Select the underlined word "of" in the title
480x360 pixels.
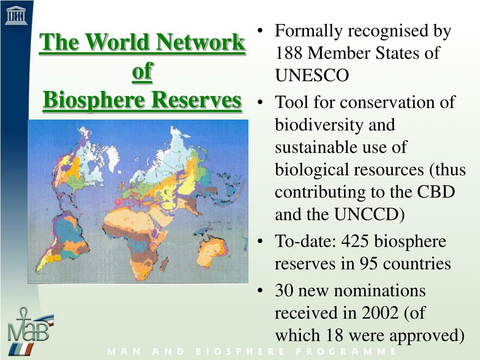pyautogui.click(x=142, y=72)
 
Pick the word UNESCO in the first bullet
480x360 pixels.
pyautogui.click(x=312, y=75)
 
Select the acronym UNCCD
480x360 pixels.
pyautogui.click(x=368, y=215)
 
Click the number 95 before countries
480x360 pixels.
pyautogui.click(x=369, y=264)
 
